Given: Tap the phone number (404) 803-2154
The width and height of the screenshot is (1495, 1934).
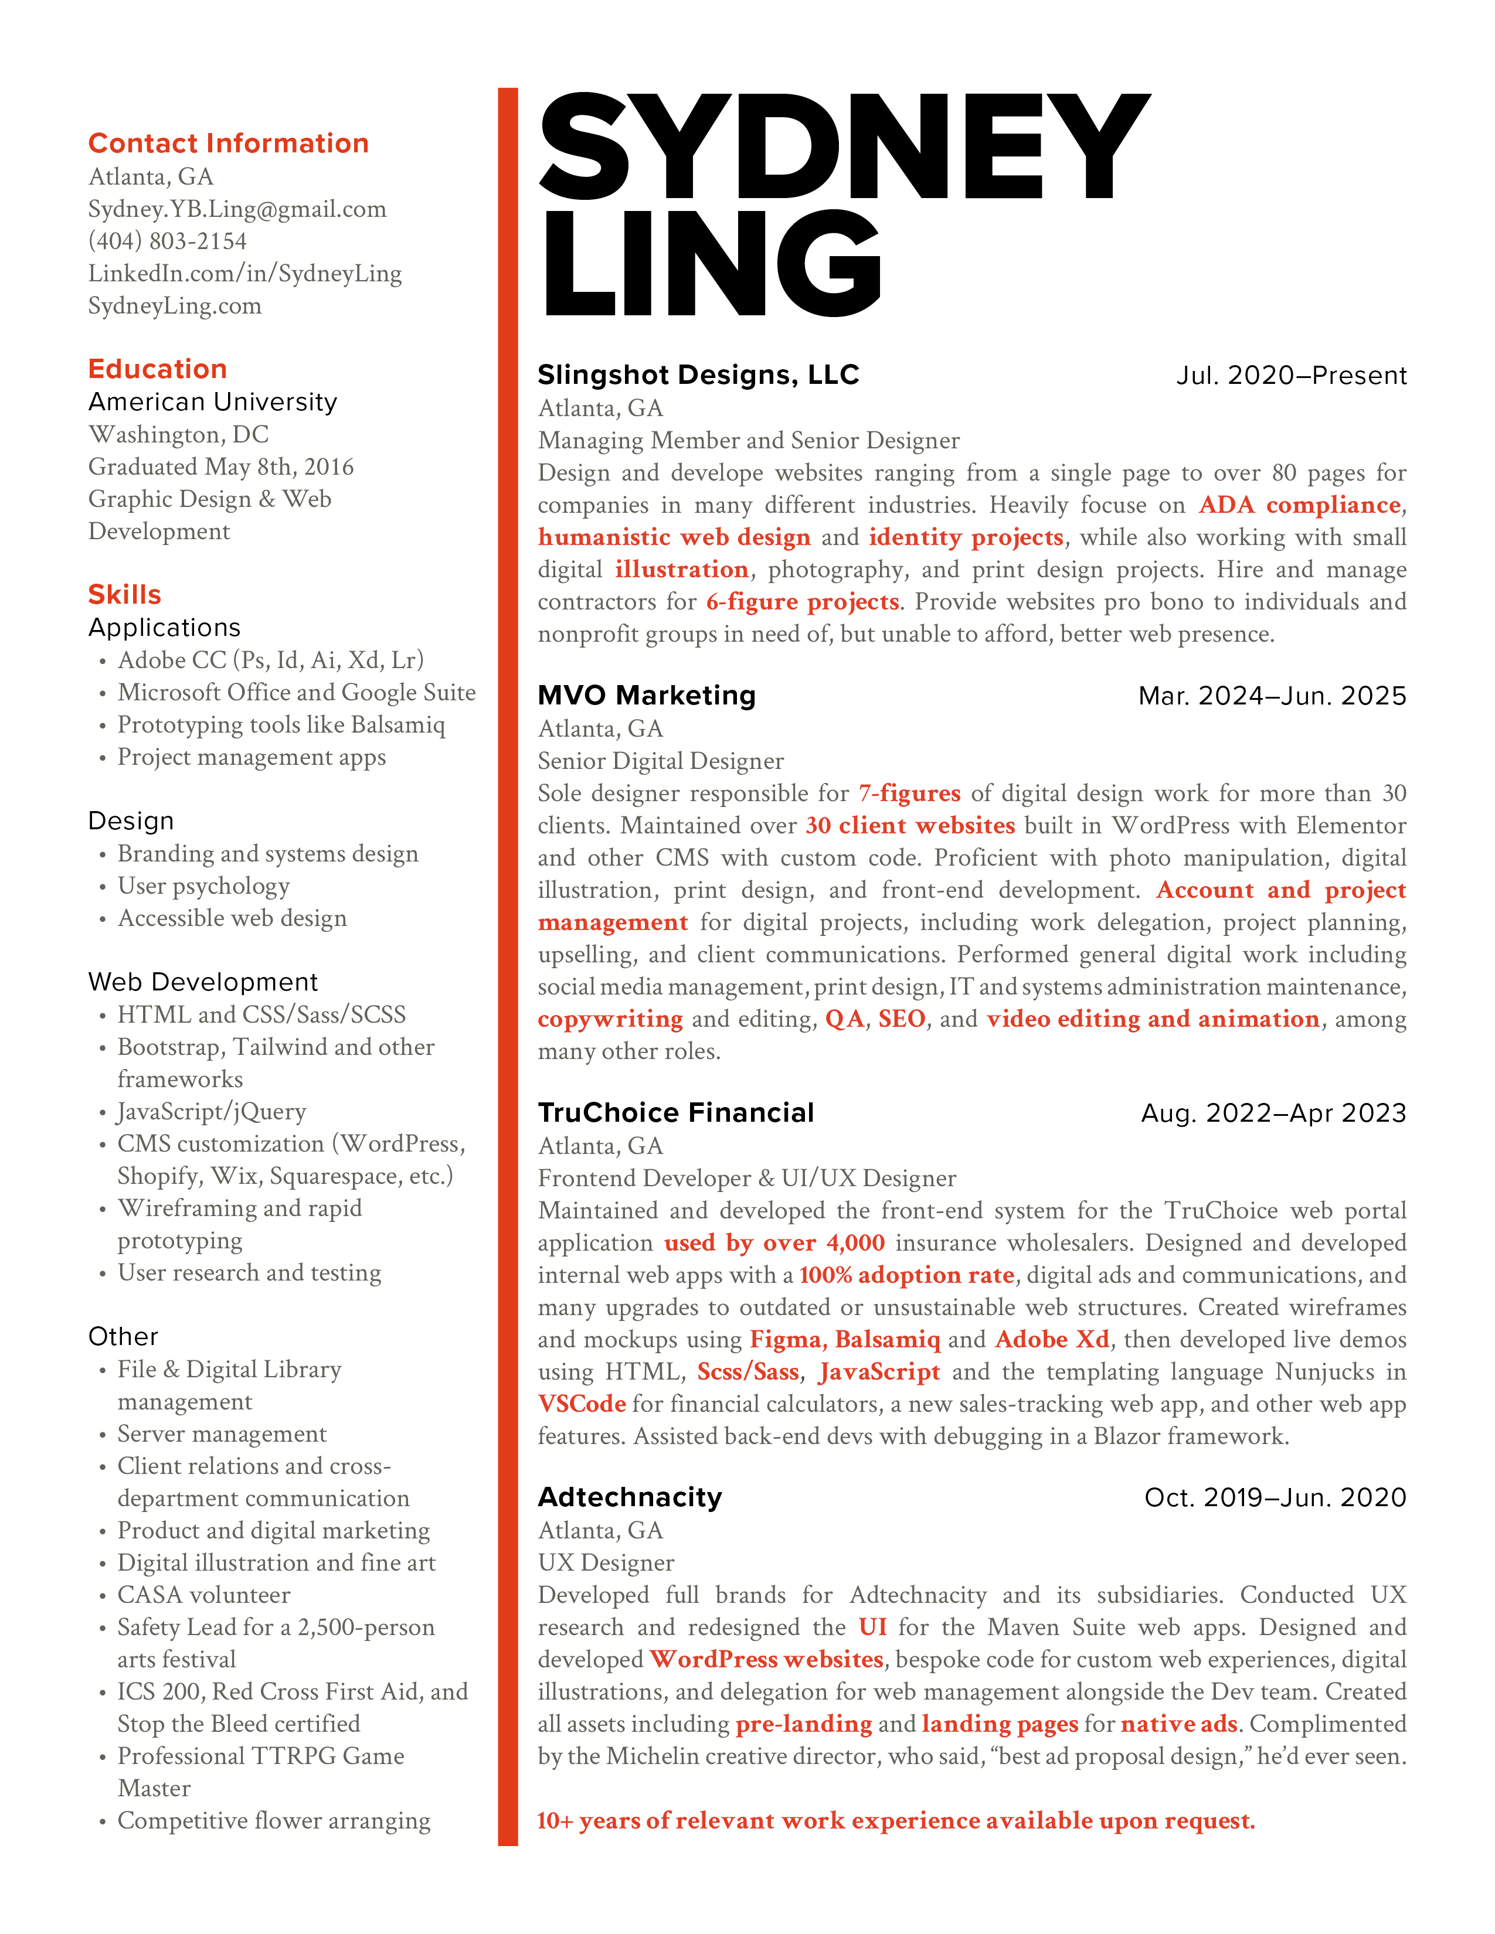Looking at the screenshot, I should (168, 241).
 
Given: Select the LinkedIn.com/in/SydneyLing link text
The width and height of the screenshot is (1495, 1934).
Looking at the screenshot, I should (244, 274).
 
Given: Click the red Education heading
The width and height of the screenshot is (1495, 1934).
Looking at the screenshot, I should (158, 369).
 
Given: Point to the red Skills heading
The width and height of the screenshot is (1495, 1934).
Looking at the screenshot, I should (125, 594).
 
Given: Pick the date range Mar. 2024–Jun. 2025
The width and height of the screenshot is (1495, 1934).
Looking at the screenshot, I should (1272, 696).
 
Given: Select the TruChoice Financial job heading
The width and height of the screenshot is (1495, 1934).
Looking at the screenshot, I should (676, 1113).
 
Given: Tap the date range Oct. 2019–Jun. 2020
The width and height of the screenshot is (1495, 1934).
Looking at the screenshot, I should (1275, 1497).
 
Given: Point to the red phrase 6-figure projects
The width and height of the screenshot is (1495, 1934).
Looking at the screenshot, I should (803, 602).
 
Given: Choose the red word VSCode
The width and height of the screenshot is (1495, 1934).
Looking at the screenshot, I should (582, 1404).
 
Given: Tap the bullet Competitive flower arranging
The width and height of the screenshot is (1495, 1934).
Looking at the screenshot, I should (274, 1821).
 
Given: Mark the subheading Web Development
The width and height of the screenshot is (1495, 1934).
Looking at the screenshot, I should (203, 982).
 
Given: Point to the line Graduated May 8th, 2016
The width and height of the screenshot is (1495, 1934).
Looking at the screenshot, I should (220, 467).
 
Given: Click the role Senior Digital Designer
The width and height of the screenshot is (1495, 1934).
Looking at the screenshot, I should (661, 761).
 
